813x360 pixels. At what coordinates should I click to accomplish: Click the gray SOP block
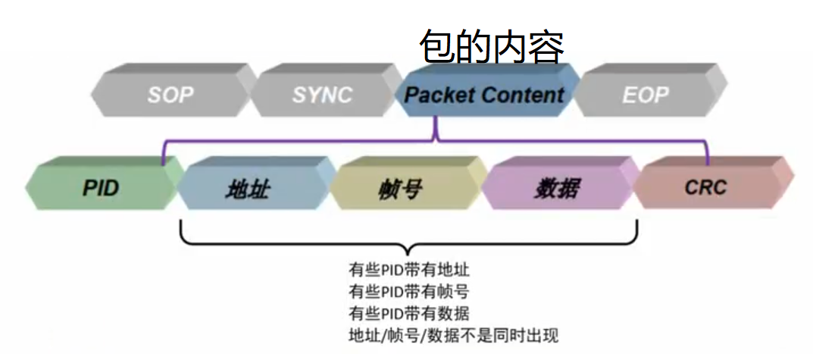[170, 95]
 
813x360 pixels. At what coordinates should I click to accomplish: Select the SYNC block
[322, 95]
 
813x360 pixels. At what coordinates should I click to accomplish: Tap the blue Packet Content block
[485, 95]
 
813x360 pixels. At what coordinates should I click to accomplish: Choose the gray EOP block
[646, 95]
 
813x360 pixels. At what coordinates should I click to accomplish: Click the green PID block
[101, 187]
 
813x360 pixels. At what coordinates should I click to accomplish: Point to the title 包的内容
[492, 48]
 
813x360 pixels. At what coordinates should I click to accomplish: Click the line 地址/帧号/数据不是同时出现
[453, 335]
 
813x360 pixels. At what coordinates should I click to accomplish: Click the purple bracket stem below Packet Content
[435, 129]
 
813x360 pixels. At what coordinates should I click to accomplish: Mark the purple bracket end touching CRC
[708, 161]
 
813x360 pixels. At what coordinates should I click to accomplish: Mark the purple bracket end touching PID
[163, 161]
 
